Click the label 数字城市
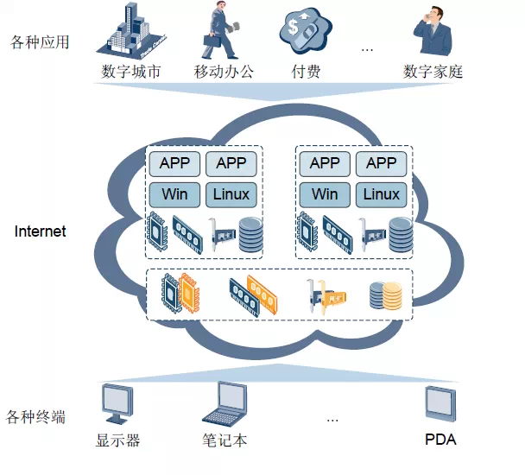click(x=130, y=72)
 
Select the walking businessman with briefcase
click(x=222, y=30)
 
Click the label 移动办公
click(x=224, y=72)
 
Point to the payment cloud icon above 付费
click(x=305, y=30)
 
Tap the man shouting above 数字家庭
click(x=433, y=31)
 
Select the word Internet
click(x=41, y=231)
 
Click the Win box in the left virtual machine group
click(x=175, y=194)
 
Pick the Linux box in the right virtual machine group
click(x=381, y=194)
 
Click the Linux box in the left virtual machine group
click(x=231, y=194)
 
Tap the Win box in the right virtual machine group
click(x=325, y=194)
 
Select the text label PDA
click(x=440, y=440)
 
